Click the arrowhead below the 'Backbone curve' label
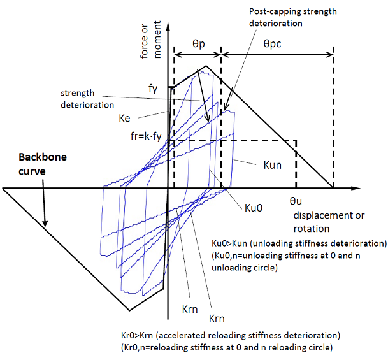pyautogui.click(x=45, y=224)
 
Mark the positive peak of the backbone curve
pyautogui.click(x=205, y=66)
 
